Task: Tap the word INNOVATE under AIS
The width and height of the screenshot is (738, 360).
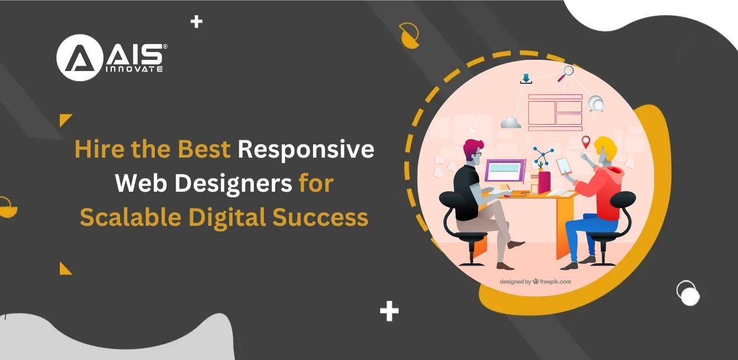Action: click(134, 69)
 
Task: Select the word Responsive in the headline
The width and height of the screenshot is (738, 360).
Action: click(306, 149)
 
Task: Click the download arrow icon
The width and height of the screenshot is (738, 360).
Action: click(526, 79)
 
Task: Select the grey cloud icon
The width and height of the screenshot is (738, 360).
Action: click(510, 122)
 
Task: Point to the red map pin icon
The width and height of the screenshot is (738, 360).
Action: click(585, 141)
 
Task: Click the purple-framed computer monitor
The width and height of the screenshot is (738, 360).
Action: click(505, 170)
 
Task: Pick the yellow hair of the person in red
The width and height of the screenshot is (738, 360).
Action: click(605, 146)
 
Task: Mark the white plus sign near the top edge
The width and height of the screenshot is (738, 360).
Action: click(196, 22)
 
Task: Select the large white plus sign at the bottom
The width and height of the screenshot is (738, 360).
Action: click(389, 311)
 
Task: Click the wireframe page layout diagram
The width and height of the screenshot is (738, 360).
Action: click(555, 112)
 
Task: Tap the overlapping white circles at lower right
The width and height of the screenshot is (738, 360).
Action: click(688, 293)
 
